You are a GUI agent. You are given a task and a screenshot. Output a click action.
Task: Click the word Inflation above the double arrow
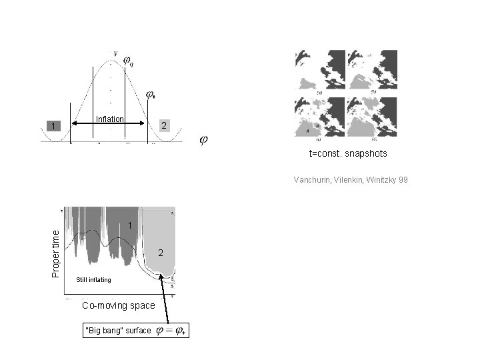pos(110,119)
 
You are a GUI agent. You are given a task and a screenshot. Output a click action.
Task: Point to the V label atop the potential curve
pos(116,53)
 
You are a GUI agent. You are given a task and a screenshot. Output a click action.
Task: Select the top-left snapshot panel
pos(320,70)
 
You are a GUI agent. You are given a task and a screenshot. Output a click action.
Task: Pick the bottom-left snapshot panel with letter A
pos(320,118)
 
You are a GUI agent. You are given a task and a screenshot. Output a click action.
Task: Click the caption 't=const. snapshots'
pos(347,154)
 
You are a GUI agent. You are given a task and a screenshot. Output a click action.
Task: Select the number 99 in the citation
pos(403,179)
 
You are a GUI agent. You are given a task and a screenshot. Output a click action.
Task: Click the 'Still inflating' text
pos(93,279)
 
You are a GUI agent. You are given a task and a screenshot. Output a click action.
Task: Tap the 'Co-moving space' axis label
pos(118,305)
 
